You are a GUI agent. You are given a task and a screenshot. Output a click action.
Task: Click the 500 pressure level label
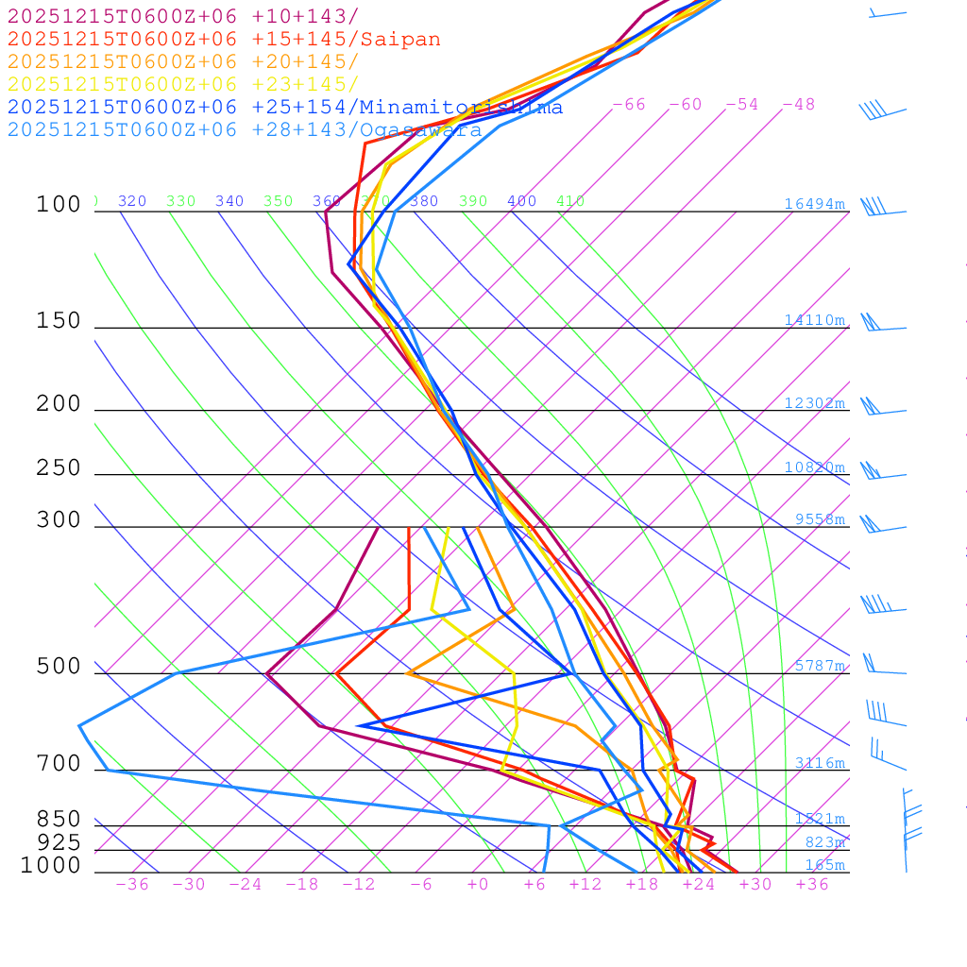tap(59, 667)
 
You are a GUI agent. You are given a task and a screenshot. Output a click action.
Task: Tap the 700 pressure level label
tap(59, 764)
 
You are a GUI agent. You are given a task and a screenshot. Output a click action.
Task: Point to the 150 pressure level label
tap(59, 321)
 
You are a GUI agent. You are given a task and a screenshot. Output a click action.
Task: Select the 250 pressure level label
tap(59, 468)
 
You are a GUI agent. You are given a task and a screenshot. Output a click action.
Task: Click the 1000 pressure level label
tap(50, 865)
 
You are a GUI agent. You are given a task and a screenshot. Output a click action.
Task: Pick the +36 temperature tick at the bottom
tap(812, 884)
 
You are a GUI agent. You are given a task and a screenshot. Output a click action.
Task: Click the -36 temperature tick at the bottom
tap(132, 884)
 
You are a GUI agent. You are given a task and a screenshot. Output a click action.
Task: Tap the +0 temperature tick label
tap(478, 884)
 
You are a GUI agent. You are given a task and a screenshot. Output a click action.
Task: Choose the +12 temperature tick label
tap(585, 884)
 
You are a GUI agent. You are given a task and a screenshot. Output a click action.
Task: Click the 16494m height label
tap(814, 204)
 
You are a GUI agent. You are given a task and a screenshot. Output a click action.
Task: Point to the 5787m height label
tap(820, 666)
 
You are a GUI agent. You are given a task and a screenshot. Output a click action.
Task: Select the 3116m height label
tap(820, 763)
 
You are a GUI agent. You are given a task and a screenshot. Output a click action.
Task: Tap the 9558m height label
tap(820, 519)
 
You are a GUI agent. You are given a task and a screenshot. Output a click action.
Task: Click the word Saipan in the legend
tap(399, 40)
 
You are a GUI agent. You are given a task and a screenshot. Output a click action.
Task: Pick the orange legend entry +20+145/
tap(183, 62)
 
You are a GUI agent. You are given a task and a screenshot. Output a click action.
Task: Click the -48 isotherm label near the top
tap(798, 105)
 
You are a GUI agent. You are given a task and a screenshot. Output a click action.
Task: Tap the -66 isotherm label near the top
tap(629, 105)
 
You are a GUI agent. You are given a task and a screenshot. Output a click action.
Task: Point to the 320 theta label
tap(132, 201)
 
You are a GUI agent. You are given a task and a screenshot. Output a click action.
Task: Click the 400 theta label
tap(521, 201)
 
